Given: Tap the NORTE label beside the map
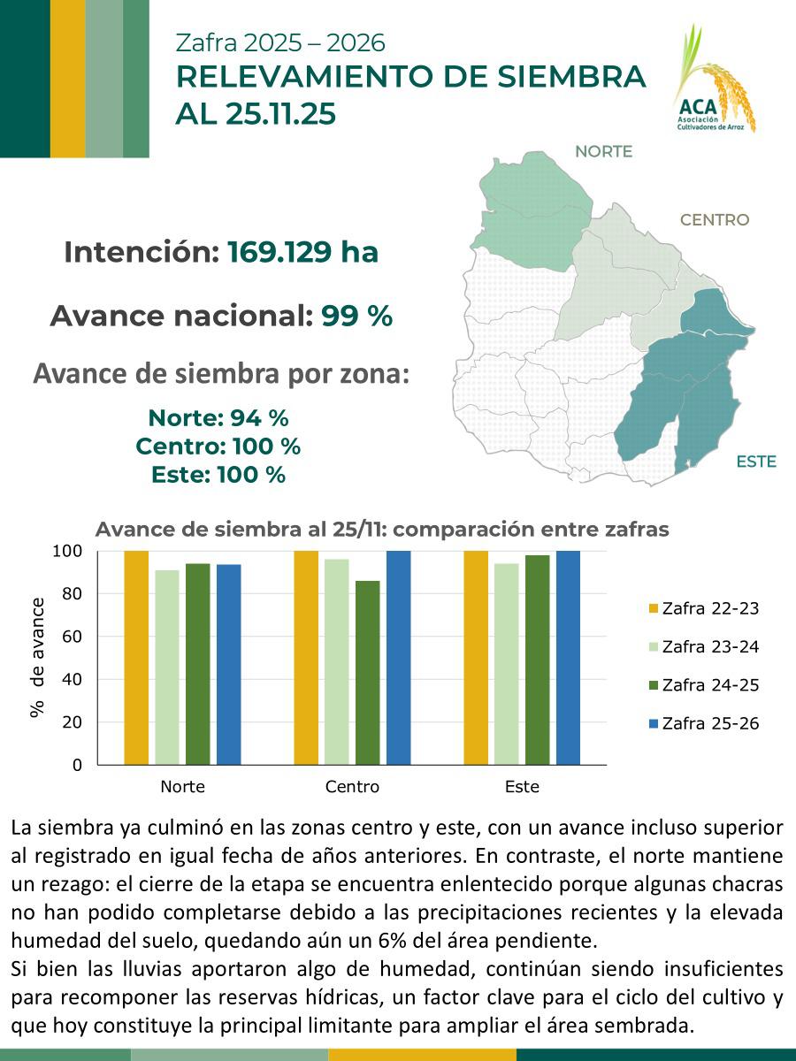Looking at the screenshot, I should pyautogui.click(x=603, y=151).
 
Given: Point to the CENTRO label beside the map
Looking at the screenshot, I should pyautogui.click(x=714, y=220).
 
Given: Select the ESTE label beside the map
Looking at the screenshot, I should pyautogui.click(x=755, y=462).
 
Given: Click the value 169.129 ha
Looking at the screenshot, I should pyautogui.click(x=302, y=253).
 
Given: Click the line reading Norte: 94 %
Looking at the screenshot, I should pyautogui.click(x=218, y=417).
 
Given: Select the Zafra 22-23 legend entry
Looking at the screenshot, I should pyautogui.click(x=703, y=608).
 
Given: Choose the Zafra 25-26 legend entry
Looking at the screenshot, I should pyautogui.click(x=703, y=724).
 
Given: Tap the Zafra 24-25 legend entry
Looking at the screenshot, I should pyautogui.click(x=703, y=685).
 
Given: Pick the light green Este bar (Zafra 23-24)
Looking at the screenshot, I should pyautogui.click(x=506, y=663).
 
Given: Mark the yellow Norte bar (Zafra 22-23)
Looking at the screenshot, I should pyautogui.click(x=136, y=658).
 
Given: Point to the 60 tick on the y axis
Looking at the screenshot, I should pyautogui.click(x=71, y=637).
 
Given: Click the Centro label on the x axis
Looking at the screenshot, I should pyautogui.click(x=352, y=787).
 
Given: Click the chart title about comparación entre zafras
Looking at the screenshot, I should pyautogui.click(x=381, y=530).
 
